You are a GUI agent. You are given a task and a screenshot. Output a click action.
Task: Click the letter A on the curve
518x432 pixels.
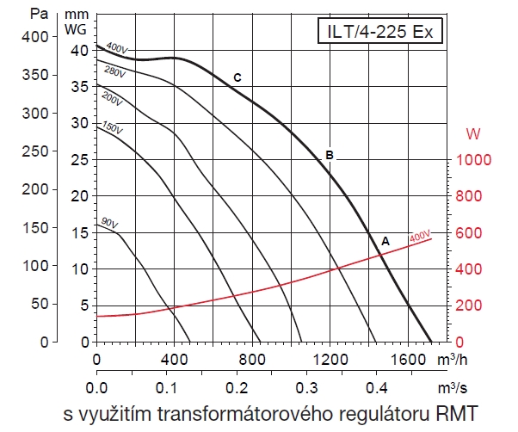tap(385, 242)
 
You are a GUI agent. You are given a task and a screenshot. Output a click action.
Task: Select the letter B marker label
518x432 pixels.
tap(329, 156)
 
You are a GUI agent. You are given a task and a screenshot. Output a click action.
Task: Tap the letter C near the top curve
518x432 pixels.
tap(237, 78)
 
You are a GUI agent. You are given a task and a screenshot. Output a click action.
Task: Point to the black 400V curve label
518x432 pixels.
tap(115, 47)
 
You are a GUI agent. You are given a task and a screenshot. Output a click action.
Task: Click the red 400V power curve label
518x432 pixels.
tap(419, 236)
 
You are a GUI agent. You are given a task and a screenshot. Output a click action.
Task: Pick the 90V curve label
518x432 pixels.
tap(109, 223)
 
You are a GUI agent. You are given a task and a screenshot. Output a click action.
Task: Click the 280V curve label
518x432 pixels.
tap(114, 71)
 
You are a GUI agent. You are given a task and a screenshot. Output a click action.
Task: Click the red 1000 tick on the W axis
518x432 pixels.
tap(472, 160)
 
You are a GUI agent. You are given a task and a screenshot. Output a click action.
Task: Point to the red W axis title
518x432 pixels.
tap(472, 134)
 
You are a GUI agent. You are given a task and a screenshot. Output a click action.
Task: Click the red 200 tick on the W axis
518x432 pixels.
tap(468, 305)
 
